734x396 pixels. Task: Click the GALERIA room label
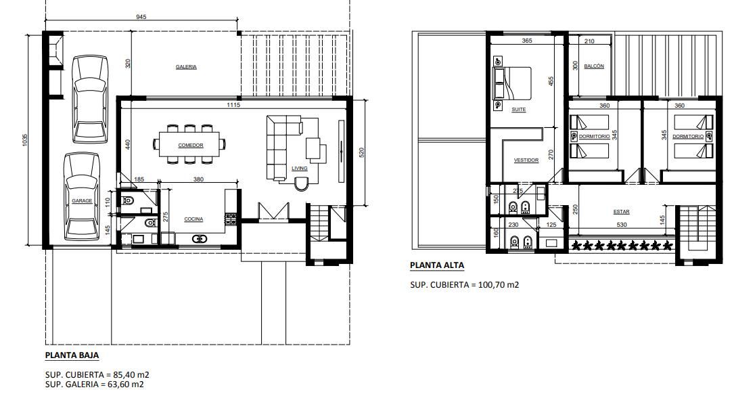pos(186,67)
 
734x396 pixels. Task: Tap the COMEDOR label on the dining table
pos(191,146)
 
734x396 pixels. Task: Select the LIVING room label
pos(300,169)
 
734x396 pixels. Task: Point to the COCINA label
pos(193,219)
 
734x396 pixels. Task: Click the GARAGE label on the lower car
pos(82,201)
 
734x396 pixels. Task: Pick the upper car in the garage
pos(90,100)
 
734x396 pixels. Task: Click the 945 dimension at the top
pos(141,17)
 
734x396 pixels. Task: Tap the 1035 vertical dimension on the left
pos(25,139)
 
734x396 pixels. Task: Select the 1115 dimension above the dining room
pos(233,105)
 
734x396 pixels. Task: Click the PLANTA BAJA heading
pos(72,355)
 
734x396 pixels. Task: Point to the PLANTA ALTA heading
pos(437,265)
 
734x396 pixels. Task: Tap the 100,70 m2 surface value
pos(499,284)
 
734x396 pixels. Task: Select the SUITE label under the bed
pos(519,110)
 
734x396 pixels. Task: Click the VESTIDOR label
pos(526,160)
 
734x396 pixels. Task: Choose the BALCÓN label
pos(594,66)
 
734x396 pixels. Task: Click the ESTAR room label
pos(621,212)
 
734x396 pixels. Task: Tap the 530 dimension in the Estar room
pos(621,225)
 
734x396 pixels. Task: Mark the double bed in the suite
pos(512,83)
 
